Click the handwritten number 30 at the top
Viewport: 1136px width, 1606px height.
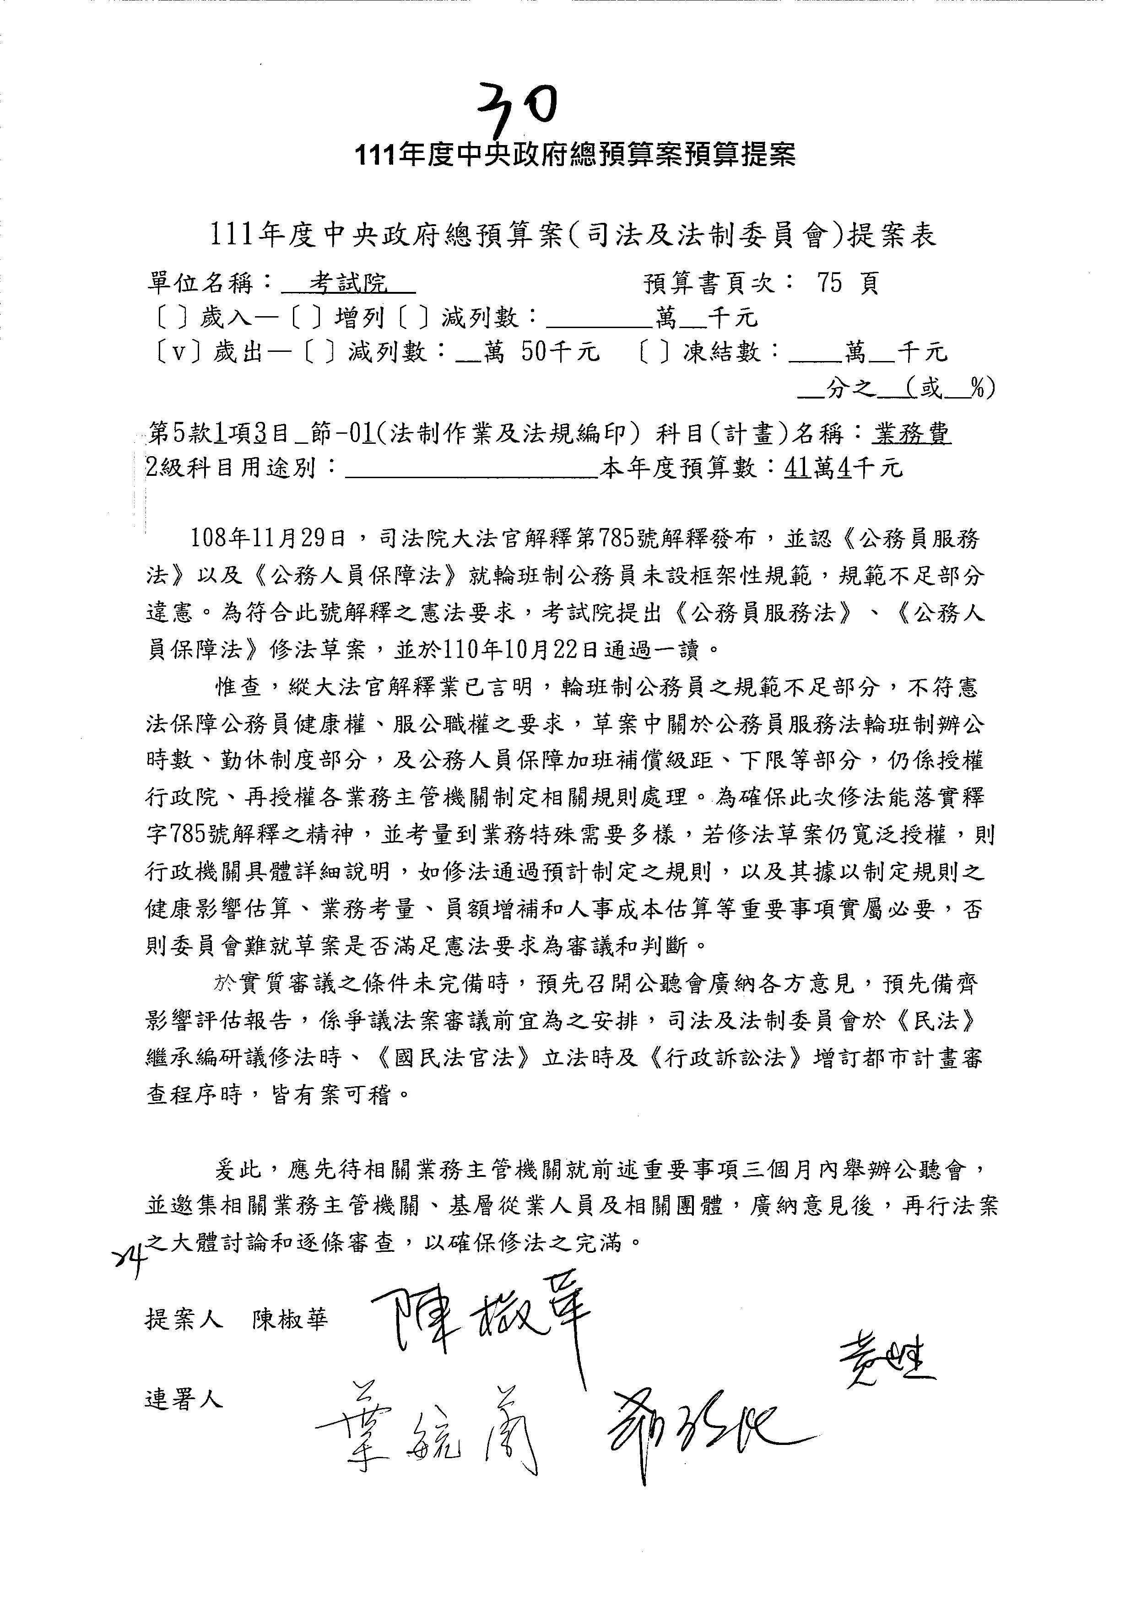[x=518, y=108]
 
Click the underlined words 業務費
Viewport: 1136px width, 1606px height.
[x=911, y=434]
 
